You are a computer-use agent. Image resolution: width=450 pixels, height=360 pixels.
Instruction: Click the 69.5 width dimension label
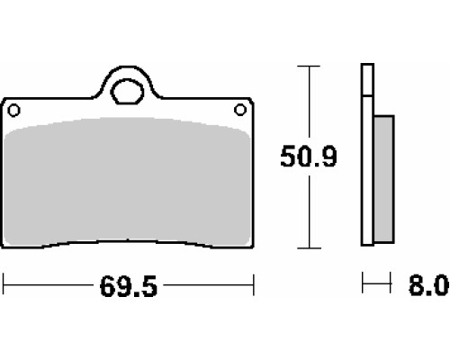coord(129,286)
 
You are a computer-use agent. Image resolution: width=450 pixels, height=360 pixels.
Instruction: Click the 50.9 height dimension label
coord(309,156)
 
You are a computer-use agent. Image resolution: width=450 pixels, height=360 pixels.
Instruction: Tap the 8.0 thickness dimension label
coord(429,285)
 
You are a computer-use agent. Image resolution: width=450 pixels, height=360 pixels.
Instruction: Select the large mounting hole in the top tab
coord(127,92)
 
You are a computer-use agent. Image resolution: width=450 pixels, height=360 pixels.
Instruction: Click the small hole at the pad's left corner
coord(13,111)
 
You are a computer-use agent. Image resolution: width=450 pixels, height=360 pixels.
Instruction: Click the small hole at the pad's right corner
coord(240,110)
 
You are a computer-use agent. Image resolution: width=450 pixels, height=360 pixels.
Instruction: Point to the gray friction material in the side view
coord(384,179)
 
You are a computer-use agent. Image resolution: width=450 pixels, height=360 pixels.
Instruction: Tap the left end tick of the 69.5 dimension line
coord(3,284)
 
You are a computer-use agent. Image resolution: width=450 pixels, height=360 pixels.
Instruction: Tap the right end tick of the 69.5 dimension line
coord(254,284)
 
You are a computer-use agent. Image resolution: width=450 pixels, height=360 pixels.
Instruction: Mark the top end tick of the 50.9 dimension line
coord(309,66)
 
